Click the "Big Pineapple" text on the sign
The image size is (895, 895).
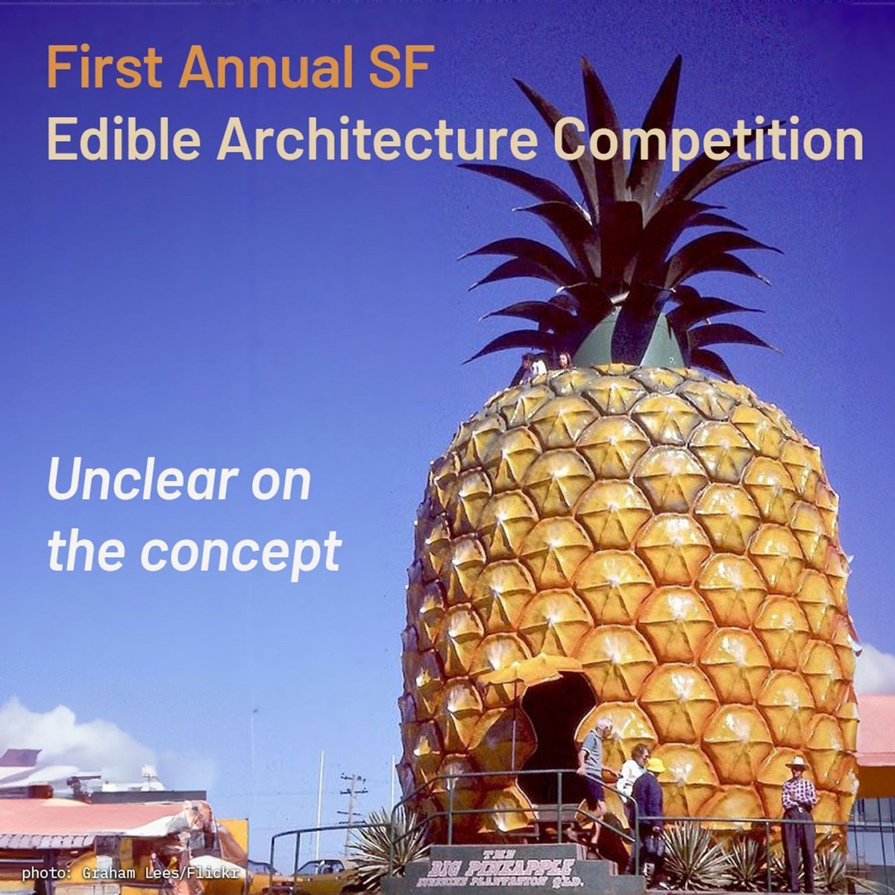click(501, 867)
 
